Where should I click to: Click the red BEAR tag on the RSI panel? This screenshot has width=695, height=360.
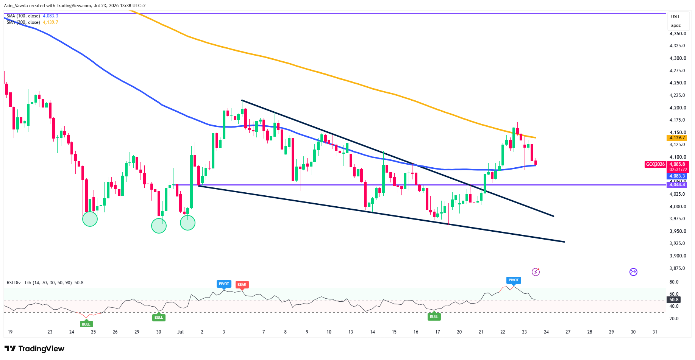(242, 285)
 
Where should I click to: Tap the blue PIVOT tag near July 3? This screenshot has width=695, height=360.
(224, 284)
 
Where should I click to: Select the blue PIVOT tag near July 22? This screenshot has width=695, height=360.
(514, 280)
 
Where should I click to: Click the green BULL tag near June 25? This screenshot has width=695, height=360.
(86, 324)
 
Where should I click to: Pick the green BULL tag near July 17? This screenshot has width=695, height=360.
(434, 317)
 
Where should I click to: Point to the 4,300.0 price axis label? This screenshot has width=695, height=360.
(678, 58)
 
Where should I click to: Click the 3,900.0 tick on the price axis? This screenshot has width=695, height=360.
(678, 256)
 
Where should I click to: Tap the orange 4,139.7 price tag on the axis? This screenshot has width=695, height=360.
(676, 138)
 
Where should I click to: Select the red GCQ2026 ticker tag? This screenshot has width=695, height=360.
(655, 164)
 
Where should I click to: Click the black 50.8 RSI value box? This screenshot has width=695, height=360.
(674, 300)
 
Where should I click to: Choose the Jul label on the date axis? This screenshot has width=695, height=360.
(180, 332)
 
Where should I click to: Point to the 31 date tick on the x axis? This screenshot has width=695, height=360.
(655, 332)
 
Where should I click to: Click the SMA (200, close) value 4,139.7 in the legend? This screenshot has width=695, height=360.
(50, 22)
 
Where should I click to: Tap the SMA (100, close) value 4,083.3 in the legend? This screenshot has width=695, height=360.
(50, 16)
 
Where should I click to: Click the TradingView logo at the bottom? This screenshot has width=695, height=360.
(34, 349)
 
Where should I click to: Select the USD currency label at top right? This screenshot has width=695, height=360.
(675, 17)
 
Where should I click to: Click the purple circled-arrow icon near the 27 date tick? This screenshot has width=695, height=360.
(633, 272)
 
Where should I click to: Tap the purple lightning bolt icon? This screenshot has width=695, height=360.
(536, 272)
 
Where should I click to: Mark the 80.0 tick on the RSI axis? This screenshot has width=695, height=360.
(674, 282)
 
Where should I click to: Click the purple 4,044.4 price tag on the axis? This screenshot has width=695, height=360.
(676, 185)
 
